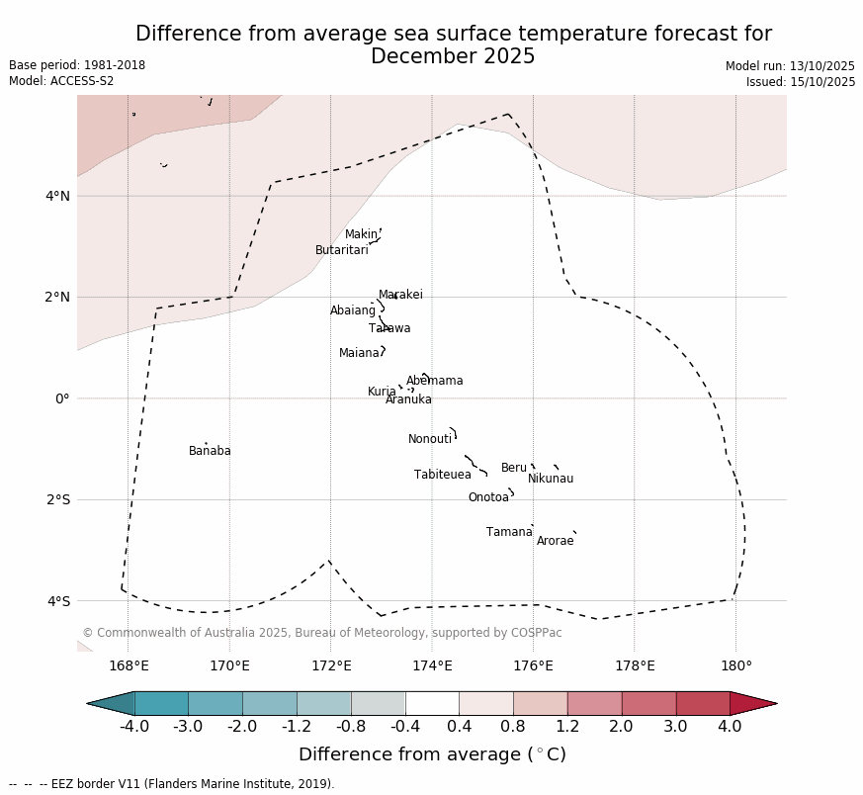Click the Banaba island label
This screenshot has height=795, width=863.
tap(210, 451)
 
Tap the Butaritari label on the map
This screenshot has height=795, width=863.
tap(341, 250)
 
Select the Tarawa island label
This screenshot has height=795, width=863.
tap(389, 328)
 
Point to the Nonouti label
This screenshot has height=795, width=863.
tap(430, 439)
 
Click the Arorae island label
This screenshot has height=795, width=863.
tap(555, 541)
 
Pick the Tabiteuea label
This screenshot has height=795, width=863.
tap(442, 475)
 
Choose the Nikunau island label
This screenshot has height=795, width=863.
tap(551, 479)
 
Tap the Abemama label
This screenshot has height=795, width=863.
tap(434, 381)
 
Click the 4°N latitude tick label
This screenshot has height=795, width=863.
tap(57, 196)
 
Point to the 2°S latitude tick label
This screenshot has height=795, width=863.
tap(57, 499)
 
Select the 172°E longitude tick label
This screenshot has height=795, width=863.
tap(331, 665)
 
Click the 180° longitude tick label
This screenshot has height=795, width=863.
tap(735, 665)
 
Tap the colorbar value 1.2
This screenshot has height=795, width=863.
tap(567, 727)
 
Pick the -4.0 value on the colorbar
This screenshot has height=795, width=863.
tap(133, 727)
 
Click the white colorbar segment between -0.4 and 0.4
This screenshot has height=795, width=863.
tap(432, 703)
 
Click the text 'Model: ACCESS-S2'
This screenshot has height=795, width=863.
tap(61, 81)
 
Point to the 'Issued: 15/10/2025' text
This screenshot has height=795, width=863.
tap(801, 82)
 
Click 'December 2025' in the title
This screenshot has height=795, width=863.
tap(453, 56)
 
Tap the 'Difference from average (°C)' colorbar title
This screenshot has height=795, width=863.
tap(432, 754)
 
